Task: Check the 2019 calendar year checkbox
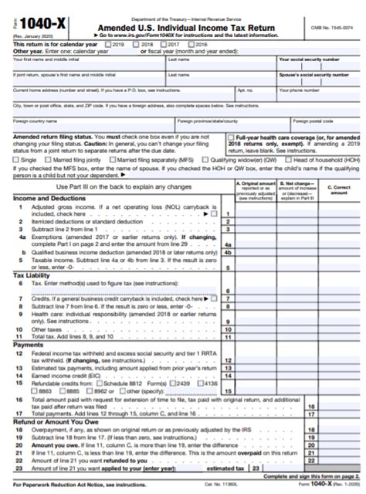point(108,46)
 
